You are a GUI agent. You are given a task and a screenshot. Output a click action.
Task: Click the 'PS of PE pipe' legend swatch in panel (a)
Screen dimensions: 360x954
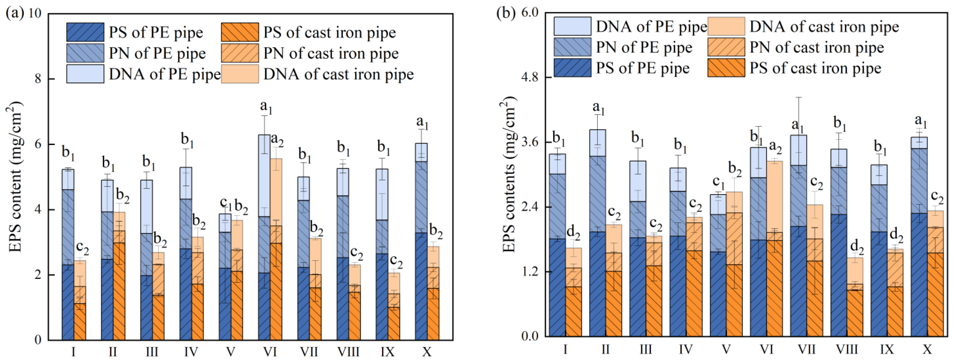click(85, 32)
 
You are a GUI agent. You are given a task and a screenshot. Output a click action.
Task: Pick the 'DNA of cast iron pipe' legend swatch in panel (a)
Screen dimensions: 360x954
click(240, 74)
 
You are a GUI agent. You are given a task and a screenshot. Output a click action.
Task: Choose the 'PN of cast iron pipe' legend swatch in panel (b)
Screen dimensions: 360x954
click(726, 47)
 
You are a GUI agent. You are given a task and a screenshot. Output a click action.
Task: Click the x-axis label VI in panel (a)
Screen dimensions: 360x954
click(270, 351)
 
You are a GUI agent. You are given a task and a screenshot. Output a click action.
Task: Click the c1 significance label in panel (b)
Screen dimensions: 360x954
click(719, 182)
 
